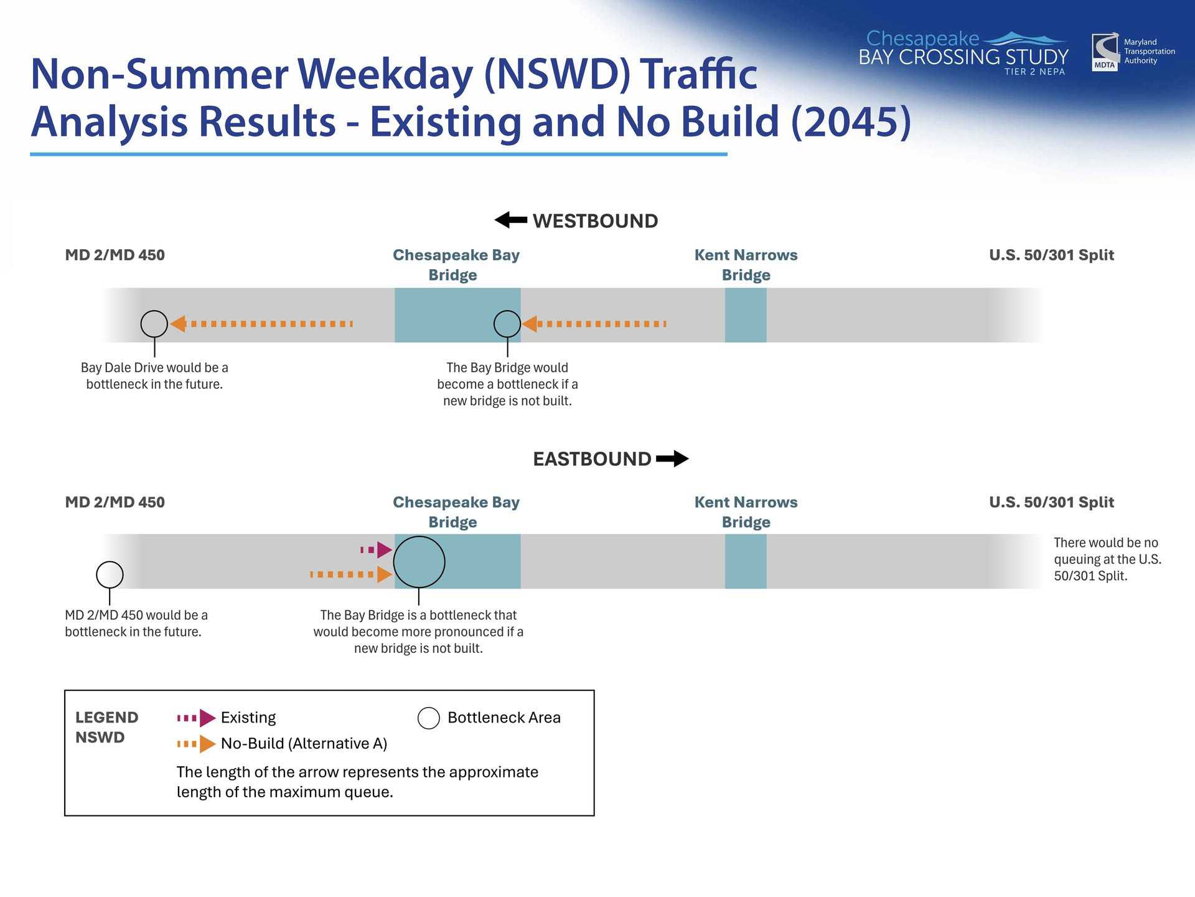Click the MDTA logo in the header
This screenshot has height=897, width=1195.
1105,52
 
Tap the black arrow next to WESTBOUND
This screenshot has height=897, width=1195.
511,220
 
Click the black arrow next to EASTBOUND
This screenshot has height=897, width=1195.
672,458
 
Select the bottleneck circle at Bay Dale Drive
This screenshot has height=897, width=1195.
154,324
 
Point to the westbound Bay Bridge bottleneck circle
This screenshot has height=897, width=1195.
507,324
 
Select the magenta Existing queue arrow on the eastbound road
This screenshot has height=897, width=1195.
377,550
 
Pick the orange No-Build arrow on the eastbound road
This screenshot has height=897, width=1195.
352,574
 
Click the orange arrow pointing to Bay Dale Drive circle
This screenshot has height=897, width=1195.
261,324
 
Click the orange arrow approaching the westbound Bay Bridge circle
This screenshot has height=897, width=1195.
594,324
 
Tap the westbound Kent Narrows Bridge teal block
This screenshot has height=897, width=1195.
746,315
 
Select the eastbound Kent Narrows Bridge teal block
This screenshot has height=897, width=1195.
746,561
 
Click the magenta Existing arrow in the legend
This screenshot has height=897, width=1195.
196,718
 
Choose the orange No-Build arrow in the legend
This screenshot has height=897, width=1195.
196,744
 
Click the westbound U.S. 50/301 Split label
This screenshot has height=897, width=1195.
1052,255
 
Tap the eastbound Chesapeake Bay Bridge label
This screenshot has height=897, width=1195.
456,512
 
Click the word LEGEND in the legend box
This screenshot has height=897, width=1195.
107,718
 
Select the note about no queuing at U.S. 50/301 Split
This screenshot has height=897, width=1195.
1108,559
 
